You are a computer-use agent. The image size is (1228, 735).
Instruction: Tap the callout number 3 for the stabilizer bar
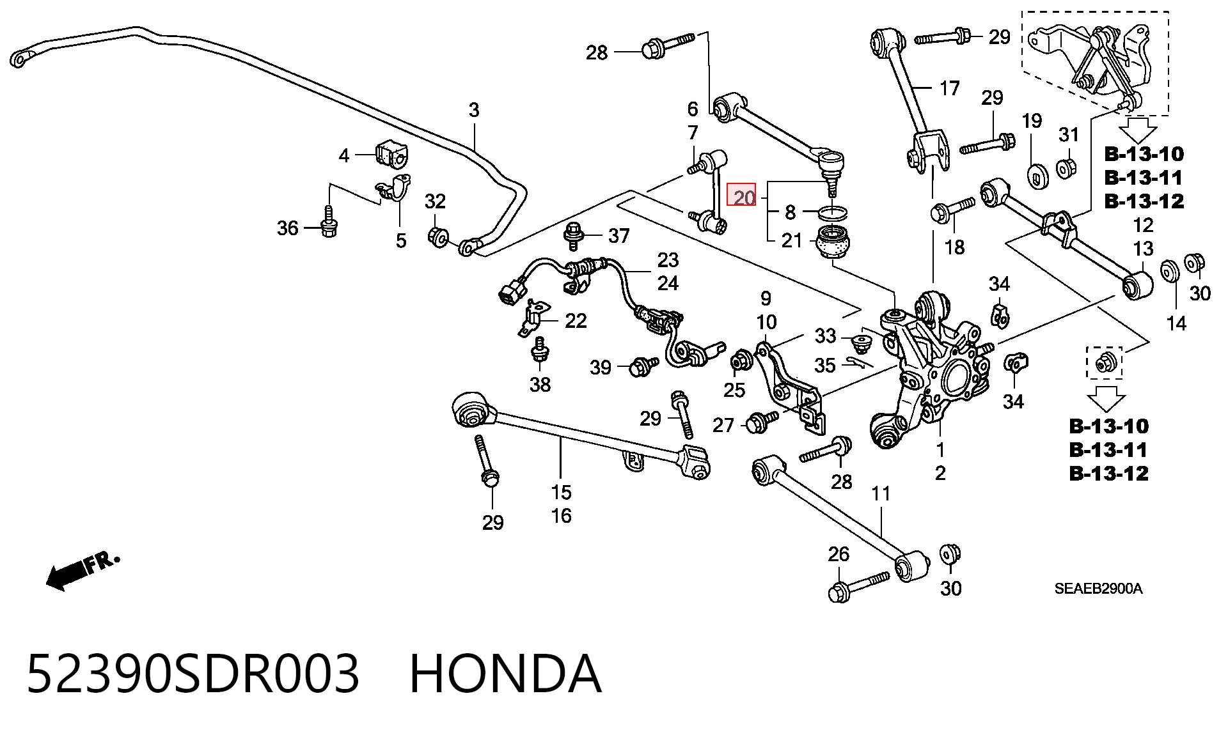[473, 111]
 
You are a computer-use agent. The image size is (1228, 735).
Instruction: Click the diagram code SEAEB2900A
[1098, 589]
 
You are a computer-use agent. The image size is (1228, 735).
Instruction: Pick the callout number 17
[950, 88]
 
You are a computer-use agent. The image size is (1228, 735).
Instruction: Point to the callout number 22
[576, 320]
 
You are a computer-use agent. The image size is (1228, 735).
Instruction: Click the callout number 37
[618, 236]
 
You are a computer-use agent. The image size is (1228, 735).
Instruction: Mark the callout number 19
[1032, 121]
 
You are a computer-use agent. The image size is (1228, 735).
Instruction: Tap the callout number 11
[881, 494]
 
